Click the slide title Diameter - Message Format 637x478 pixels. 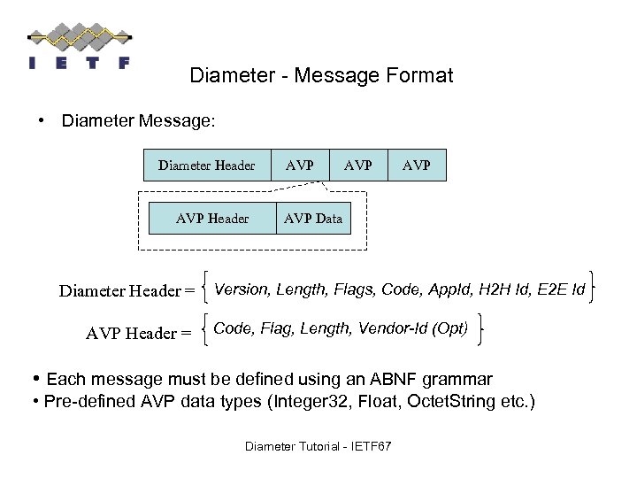coord(321,76)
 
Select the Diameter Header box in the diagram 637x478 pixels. coord(207,166)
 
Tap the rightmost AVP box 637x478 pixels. coord(417,166)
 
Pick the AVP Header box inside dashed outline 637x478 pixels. coord(212,219)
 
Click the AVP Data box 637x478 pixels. coord(313,219)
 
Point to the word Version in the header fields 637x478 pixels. coord(242,289)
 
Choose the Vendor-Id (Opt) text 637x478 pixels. coord(413,328)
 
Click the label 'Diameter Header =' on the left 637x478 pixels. coord(127,291)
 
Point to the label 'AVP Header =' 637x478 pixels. coord(138,334)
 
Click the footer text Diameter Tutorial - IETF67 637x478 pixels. coord(318,446)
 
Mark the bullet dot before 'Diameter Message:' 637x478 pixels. coord(42,119)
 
